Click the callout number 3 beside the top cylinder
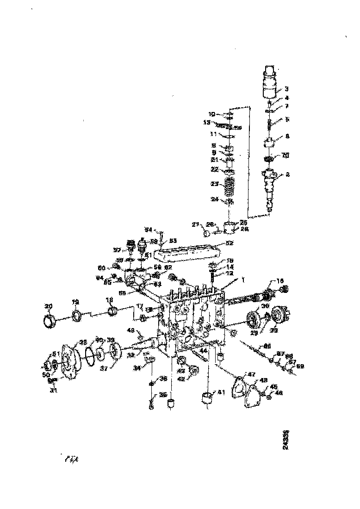286,88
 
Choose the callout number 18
110,300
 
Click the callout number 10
211,114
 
